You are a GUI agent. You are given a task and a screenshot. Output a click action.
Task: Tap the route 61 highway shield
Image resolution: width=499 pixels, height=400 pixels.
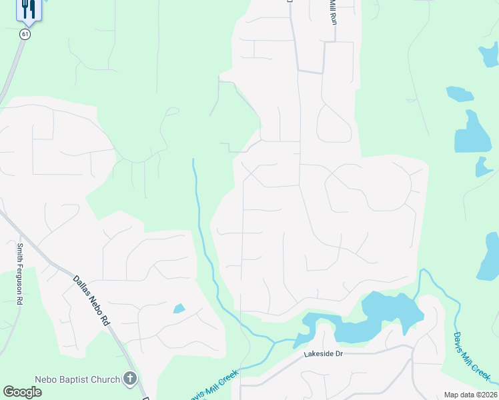25,34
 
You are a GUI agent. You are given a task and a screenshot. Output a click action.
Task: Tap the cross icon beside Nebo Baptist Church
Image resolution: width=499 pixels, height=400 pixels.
130,379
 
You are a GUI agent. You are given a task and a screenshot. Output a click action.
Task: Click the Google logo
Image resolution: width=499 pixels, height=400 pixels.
22,392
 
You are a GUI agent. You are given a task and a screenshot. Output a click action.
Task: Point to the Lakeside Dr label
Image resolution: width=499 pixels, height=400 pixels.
323,355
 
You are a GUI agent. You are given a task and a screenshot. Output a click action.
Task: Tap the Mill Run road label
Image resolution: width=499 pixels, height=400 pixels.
332,13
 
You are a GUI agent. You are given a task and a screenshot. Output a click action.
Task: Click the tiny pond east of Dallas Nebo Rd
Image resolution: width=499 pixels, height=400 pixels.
179,309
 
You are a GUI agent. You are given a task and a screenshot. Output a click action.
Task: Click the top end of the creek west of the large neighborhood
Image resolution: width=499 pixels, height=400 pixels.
193,160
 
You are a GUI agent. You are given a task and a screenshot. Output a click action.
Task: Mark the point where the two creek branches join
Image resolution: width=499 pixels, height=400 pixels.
274,342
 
